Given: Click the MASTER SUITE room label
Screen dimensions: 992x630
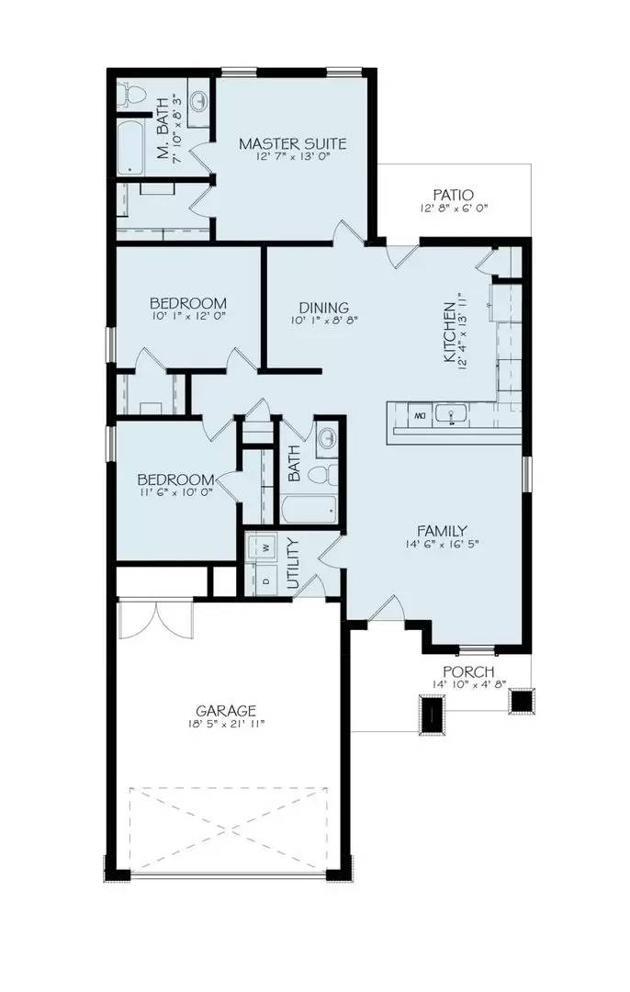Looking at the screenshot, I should [292, 143].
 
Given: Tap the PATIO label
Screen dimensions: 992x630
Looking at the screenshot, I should [454, 195].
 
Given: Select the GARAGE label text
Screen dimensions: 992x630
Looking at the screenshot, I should [225, 710].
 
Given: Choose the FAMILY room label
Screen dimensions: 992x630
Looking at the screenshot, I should [443, 530].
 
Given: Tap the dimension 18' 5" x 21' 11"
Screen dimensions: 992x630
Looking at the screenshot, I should [225, 725].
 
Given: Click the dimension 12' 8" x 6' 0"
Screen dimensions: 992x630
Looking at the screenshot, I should [453, 209].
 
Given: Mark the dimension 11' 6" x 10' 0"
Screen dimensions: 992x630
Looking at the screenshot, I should [175, 493].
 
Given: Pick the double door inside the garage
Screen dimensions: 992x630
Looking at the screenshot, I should [156, 617].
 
